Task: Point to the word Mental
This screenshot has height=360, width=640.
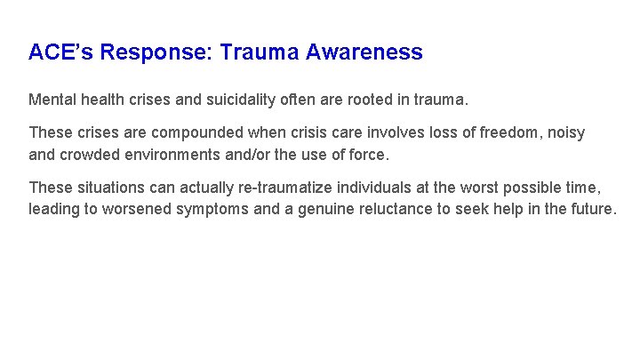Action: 52,97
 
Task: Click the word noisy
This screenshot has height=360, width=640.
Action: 567,132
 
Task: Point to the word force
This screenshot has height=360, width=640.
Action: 368,155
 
